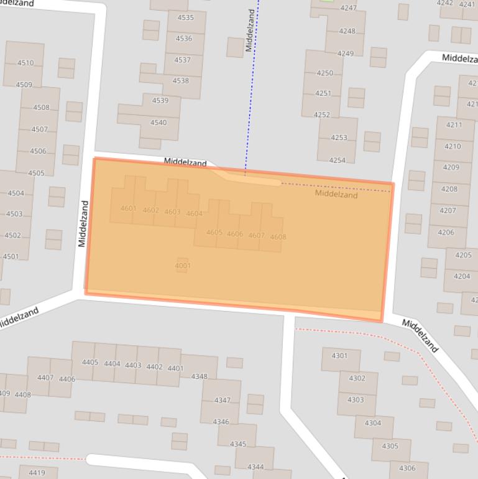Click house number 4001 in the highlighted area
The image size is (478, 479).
coord(182,266)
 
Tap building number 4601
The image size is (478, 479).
coord(128,208)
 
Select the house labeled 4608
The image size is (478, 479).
coord(278,237)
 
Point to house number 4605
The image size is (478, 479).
coord(214,233)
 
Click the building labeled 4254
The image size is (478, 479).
coord(337,160)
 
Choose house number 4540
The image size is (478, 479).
coord(159,123)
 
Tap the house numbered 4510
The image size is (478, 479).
coord(25,63)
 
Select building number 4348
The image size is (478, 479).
coord(199,376)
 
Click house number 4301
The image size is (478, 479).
coord(339,356)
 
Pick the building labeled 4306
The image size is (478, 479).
coord(407,468)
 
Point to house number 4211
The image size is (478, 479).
coord(454,124)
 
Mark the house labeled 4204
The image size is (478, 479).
coord(462,276)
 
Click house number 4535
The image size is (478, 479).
coord(185,17)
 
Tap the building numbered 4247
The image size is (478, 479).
coord(348,8)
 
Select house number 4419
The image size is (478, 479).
coord(37,473)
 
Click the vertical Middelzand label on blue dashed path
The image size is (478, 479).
coord(250,30)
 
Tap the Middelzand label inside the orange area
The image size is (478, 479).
coord(336,194)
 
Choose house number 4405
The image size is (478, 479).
coord(90,362)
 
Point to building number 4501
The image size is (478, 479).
coord(11,256)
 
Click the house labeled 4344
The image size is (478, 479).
coord(255,467)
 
